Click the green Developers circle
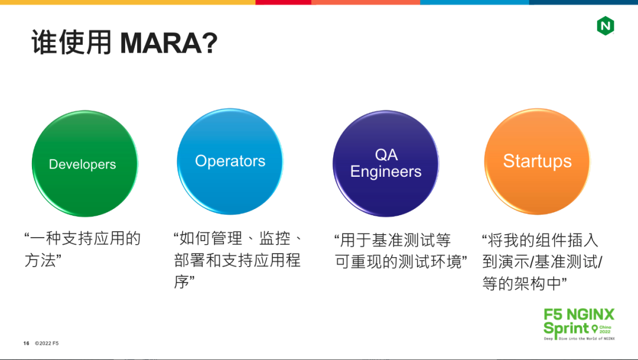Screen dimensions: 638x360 pyautogui.click(x=85, y=164)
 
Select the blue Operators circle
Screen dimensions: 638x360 pyautogui.click(x=230, y=161)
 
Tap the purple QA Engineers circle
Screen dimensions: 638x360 pyautogui.click(x=386, y=164)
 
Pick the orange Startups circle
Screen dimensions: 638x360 pyautogui.click(x=537, y=161)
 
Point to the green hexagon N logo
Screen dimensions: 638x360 pyautogui.click(x=606, y=25)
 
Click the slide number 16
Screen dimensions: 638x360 pyautogui.click(x=27, y=343)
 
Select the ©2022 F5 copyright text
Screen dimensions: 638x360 pyautogui.click(x=47, y=343)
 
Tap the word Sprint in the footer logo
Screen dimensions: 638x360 pyautogui.click(x=566, y=328)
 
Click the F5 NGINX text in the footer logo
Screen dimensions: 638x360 pyautogui.click(x=579, y=314)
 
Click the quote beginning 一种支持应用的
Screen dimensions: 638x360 pyautogui.click(x=83, y=249)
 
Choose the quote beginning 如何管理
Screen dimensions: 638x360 pyautogui.click(x=238, y=260)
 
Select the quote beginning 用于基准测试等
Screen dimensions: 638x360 pyautogui.click(x=401, y=251)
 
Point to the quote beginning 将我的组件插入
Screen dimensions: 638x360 pyautogui.click(x=542, y=261)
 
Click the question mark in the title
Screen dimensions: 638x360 pyautogui.click(x=210, y=43)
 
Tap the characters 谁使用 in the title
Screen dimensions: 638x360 pyautogui.click(x=71, y=42)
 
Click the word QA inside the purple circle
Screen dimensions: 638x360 pyautogui.click(x=386, y=155)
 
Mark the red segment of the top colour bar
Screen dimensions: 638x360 pyautogui.click(x=283, y=2)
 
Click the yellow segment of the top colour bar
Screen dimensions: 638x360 pyautogui.click(x=128, y=2)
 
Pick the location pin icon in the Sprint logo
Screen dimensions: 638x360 pyautogui.click(x=594, y=329)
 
